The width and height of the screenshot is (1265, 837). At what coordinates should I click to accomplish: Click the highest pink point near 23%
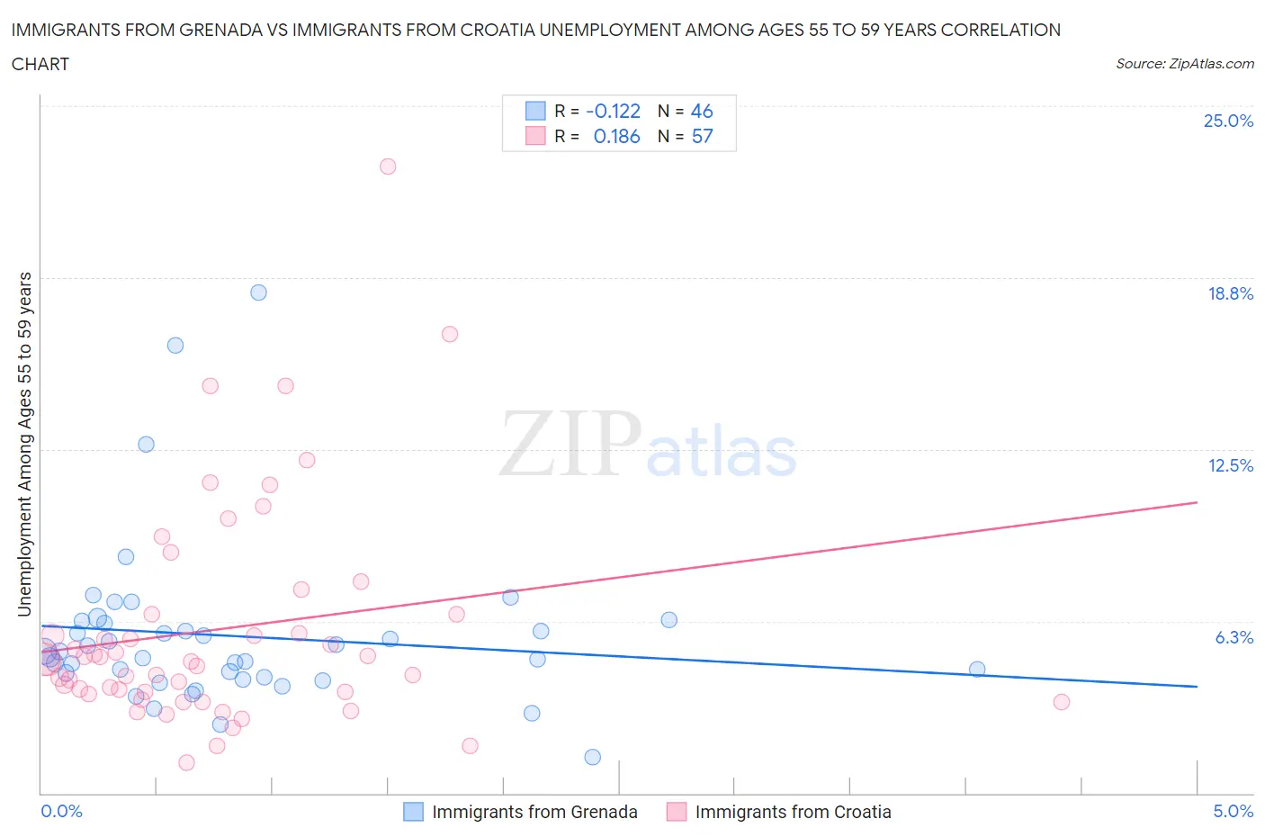(388, 166)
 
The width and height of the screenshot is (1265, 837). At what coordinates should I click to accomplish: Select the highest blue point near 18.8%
(258, 292)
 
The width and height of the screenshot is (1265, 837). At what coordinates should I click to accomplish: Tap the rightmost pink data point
(1061, 702)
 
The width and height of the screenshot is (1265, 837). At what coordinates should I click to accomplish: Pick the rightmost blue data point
(977, 669)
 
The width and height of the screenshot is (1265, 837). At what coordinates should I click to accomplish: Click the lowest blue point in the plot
(592, 757)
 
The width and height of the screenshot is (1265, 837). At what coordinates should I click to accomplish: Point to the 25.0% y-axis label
(1228, 121)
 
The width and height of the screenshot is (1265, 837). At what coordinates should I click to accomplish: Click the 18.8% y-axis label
(1230, 293)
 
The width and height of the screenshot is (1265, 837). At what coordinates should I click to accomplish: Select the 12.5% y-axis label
(1230, 465)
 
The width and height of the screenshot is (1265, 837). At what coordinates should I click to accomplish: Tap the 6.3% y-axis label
(1234, 637)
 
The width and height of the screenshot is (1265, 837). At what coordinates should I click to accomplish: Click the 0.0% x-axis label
(61, 811)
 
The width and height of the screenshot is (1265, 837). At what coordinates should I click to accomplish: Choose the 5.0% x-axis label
(1233, 811)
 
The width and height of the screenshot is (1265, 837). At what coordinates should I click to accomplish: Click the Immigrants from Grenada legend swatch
(413, 812)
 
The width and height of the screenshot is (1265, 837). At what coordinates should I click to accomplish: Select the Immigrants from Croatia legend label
(793, 812)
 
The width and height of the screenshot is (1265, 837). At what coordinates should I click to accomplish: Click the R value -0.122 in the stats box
(613, 111)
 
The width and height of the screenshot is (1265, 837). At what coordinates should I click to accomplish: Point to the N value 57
(702, 136)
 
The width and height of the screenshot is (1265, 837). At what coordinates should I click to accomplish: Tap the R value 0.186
(616, 136)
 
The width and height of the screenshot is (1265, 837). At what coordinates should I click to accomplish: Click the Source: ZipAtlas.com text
(1184, 64)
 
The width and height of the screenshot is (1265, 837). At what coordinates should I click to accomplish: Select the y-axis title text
(24, 444)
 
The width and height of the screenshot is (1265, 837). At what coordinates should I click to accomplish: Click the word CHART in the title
(40, 64)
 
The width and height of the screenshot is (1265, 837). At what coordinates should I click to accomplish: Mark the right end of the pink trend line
(1197, 502)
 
